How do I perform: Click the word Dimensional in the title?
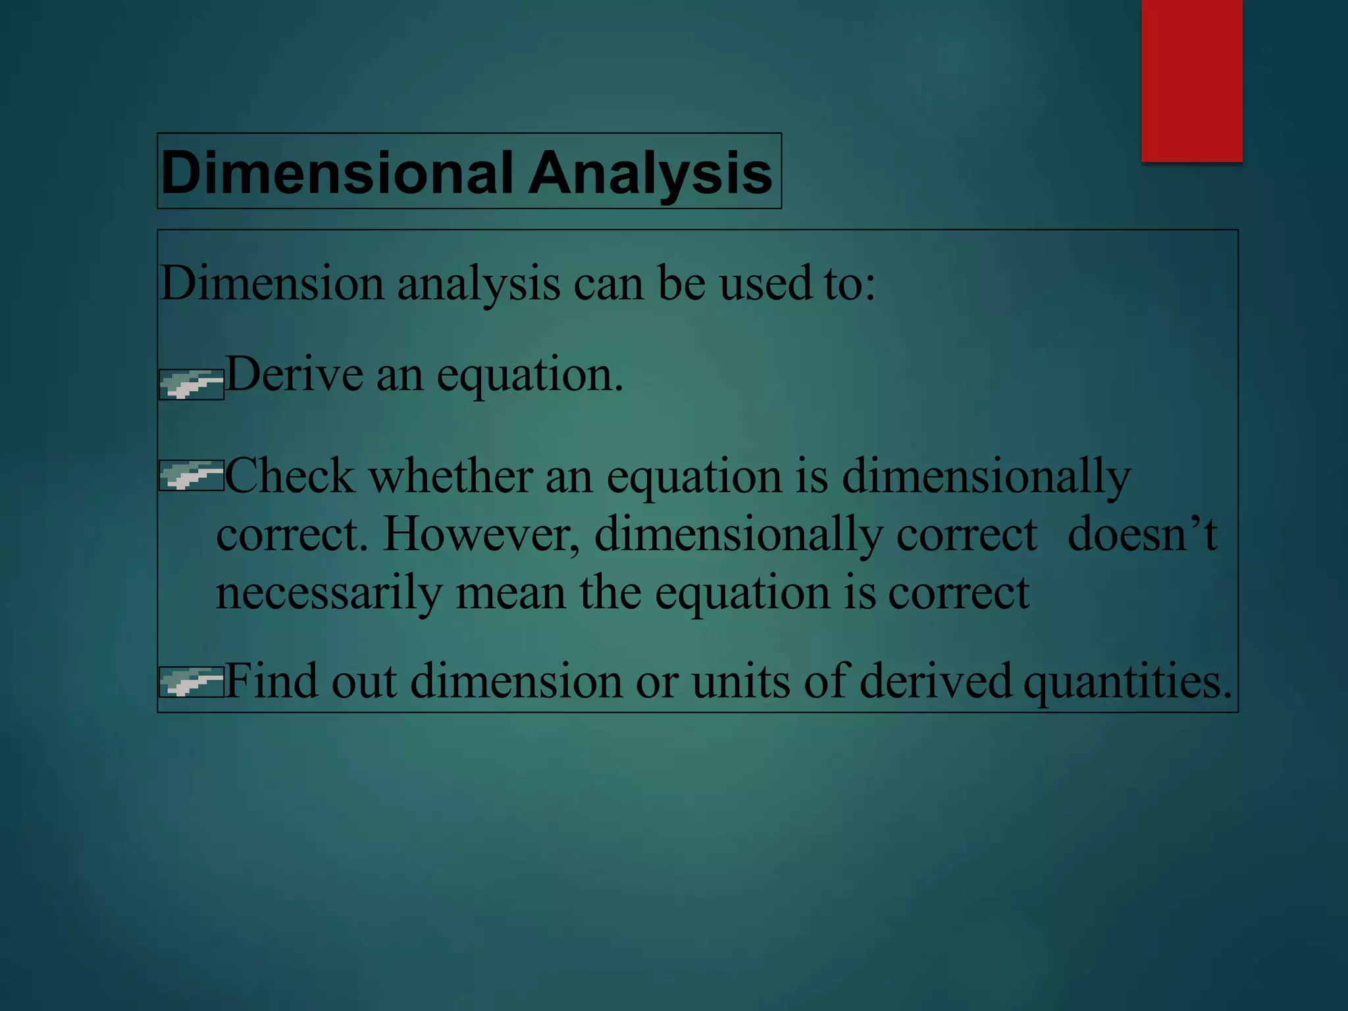point(336,172)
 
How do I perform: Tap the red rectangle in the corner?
point(1191,80)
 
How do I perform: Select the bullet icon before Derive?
point(192,384)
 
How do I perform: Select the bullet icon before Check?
point(192,475)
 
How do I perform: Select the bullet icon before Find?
point(192,682)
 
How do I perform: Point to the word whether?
point(450,477)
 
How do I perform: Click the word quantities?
point(1127,682)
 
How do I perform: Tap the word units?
point(740,682)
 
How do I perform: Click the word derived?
point(935,682)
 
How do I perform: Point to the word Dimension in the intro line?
point(272,284)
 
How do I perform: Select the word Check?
point(290,477)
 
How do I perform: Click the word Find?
point(271,682)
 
